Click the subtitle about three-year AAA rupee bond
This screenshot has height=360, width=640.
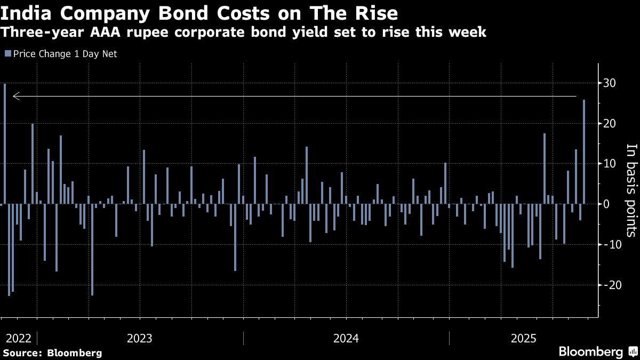243,32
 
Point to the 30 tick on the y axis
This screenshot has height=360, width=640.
610,83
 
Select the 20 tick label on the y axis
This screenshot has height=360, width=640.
610,123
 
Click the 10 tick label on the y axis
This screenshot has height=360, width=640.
610,164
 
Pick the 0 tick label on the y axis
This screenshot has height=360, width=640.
606,204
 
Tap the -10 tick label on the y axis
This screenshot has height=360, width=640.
611,244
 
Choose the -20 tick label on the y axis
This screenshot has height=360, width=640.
611,285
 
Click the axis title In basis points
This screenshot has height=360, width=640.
631,190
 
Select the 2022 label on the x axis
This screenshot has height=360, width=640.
18,338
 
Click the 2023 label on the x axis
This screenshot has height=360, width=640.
140,338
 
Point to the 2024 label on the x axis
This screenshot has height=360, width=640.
346,338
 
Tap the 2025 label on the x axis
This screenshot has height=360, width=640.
523,338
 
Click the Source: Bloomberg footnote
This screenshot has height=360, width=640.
52,353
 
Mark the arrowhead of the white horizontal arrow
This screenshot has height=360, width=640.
15,97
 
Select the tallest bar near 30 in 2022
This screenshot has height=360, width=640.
5,143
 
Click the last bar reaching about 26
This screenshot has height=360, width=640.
584,151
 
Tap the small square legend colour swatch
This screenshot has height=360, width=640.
7,53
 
